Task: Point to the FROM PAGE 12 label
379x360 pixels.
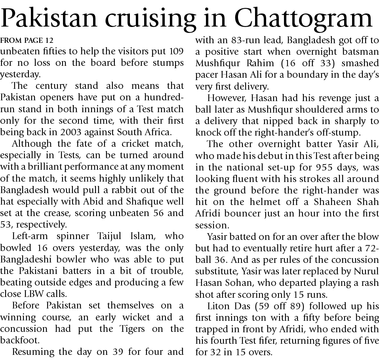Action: (x=27, y=40)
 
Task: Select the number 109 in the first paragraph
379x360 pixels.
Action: (x=175, y=52)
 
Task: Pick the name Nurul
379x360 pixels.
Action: (x=367, y=271)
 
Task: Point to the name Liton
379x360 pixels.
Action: (x=220, y=306)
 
